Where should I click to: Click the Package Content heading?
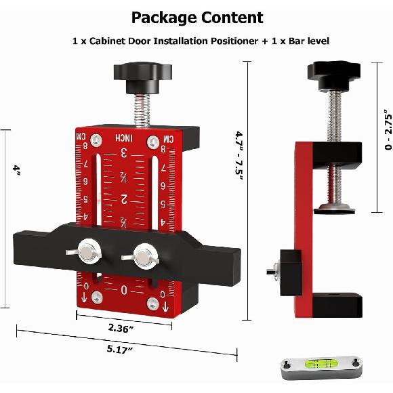(197, 17)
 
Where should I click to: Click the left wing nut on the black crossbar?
(88, 253)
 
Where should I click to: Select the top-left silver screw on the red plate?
(98, 141)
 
